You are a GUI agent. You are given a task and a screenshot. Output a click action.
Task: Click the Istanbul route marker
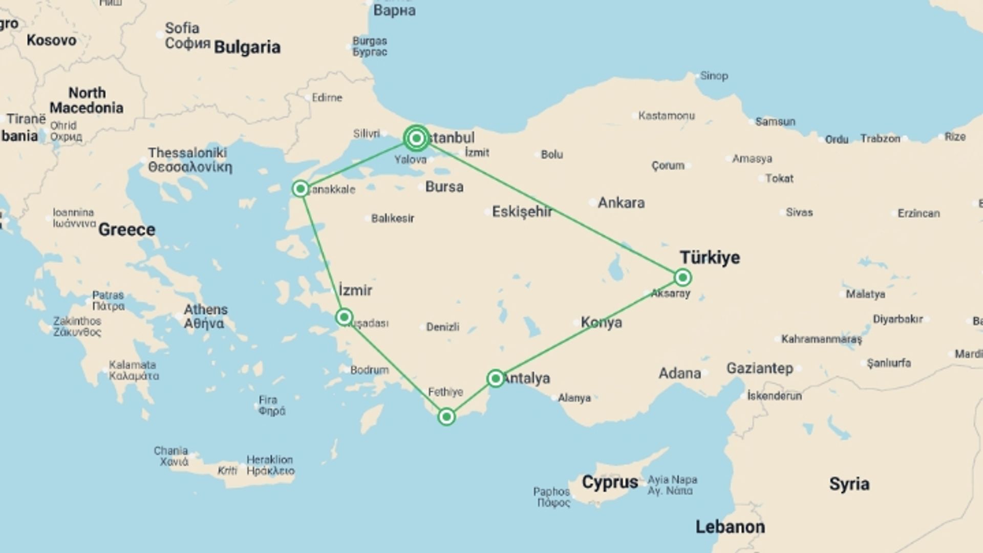click(416, 138)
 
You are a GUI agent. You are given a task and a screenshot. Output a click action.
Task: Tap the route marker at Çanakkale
click(301, 189)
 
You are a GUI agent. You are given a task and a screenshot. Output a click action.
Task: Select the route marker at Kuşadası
click(344, 317)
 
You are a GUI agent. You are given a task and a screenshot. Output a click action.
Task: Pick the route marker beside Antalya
click(495, 378)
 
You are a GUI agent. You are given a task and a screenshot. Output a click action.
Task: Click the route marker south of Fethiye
click(446, 417)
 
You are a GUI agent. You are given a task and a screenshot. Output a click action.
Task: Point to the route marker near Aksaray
click(682, 278)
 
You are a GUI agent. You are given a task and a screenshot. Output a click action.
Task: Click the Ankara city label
click(621, 203)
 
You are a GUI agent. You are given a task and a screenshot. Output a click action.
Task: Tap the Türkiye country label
click(710, 257)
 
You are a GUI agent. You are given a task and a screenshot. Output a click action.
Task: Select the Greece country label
click(126, 229)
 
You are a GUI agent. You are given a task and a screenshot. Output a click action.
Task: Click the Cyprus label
click(610, 482)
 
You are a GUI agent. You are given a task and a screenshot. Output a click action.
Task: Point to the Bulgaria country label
click(247, 47)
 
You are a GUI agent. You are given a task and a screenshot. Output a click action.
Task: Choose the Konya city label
click(602, 323)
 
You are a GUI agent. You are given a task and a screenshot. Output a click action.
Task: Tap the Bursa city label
click(444, 187)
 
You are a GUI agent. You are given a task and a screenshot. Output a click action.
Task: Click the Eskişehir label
click(522, 211)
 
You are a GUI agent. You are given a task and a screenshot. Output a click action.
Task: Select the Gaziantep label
click(760, 368)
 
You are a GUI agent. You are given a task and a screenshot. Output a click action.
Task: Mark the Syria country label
click(849, 484)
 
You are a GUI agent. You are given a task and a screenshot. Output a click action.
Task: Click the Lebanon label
click(730, 527)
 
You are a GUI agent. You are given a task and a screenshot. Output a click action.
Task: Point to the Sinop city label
click(714, 76)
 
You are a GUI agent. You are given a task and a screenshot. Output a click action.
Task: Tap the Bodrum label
click(369, 370)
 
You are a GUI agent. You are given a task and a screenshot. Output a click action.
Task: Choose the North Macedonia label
click(87, 100)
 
